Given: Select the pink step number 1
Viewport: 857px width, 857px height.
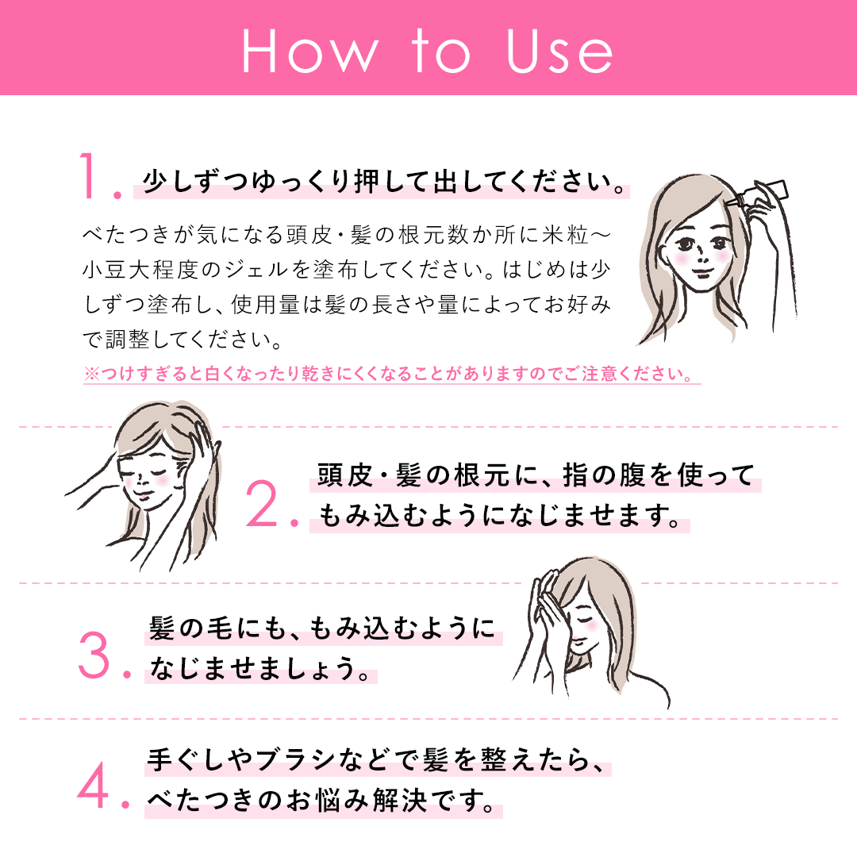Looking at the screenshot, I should [x=96, y=179].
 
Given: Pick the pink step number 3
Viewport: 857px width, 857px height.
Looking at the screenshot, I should [x=102, y=655].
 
